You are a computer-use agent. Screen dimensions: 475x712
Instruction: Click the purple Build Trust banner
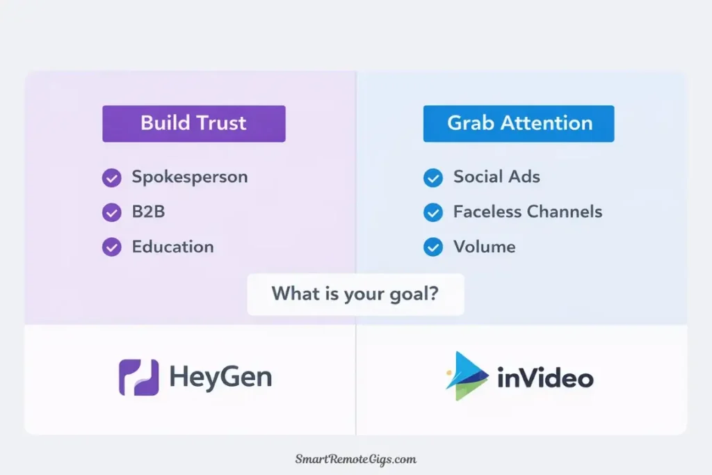[193, 124]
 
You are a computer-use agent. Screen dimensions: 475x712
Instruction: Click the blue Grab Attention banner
[519, 124]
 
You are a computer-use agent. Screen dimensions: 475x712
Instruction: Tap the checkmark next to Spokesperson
[111, 178]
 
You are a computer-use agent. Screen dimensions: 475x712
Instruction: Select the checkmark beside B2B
[111, 212]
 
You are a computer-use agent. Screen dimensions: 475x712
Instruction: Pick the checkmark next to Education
[111, 247]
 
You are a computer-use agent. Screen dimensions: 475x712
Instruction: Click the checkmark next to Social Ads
[432, 178]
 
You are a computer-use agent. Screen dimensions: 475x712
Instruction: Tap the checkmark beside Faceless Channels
[432, 212]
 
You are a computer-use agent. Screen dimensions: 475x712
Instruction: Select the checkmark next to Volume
[432, 247]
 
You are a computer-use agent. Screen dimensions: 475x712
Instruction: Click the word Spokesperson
[190, 177]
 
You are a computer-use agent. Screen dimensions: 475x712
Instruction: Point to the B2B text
[148, 212]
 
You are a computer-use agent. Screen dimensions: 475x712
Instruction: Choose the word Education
[172, 247]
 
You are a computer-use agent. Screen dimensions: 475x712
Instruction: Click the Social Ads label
[496, 177]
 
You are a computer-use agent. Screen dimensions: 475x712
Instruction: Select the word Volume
[484, 247]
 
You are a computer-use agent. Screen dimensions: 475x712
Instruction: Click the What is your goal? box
[355, 294]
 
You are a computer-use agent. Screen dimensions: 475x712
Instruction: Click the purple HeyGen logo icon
[138, 378]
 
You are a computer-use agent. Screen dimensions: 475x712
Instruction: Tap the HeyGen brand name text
[220, 378]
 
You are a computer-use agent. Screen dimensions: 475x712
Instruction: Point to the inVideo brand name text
[545, 378]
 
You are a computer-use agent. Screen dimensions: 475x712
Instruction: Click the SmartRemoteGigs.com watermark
[355, 459]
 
